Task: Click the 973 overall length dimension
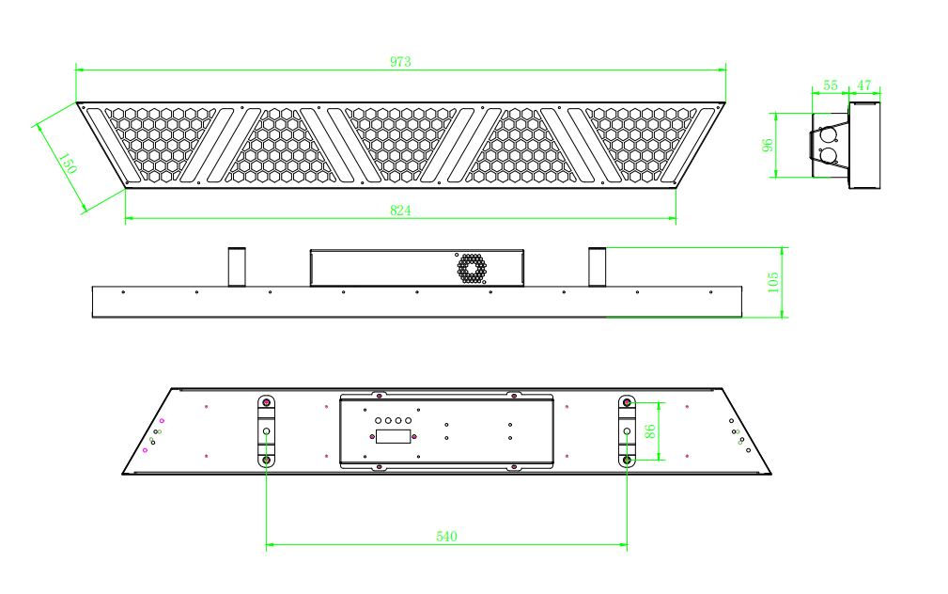coord(400,62)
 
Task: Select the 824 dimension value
coord(400,211)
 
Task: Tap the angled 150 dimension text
coord(68,164)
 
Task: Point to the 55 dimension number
coord(831,86)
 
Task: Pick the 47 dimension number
coord(864,86)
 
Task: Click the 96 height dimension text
coord(768,145)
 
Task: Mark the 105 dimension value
coord(773,283)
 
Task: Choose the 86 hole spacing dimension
coord(650,431)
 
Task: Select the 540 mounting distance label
coord(447,537)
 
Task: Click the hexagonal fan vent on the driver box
coord(472,269)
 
